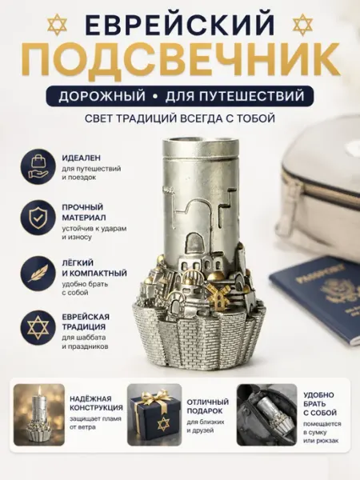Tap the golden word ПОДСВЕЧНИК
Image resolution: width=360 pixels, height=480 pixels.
point(179,61)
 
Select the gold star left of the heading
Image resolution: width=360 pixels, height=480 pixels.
point(57,25)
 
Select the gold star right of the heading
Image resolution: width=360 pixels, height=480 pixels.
point(302,25)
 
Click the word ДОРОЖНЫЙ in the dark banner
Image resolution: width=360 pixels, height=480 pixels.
point(102,96)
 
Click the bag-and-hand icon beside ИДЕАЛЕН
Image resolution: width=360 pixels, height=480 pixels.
point(38,167)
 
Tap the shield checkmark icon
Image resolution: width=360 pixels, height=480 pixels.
point(38,218)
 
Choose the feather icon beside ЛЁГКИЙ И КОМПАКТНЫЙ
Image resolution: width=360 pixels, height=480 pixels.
point(38,274)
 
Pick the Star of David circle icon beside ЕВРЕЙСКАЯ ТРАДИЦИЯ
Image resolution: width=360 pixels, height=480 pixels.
point(38,328)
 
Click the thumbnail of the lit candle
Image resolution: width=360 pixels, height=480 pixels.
point(39,414)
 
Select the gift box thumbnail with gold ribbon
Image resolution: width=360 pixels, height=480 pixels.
point(154,414)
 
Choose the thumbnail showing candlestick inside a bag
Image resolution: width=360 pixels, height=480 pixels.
point(266,414)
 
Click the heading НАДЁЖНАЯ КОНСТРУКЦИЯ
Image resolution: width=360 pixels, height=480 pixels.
point(96,403)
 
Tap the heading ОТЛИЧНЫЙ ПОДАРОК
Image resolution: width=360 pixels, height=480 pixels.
point(208,406)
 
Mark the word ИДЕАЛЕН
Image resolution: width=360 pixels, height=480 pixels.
point(81,158)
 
